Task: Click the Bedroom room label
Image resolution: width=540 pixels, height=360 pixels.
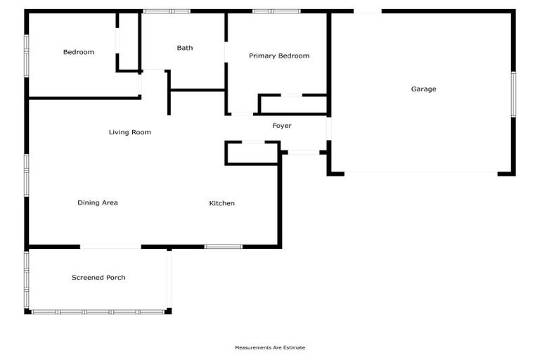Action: click(x=78, y=52)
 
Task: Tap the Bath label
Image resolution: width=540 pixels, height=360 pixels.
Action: click(x=184, y=48)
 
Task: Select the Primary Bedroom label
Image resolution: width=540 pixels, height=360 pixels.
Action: click(x=278, y=56)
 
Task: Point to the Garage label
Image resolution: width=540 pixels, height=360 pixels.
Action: click(x=423, y=89)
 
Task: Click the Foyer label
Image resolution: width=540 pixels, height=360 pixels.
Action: click(x=281, y=126)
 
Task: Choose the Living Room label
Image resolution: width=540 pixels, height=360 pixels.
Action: click(x=129, y=132)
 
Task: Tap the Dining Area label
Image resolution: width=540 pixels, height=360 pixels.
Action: click(x=97, y=203)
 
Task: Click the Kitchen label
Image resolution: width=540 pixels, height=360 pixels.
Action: click(x=221, y=203)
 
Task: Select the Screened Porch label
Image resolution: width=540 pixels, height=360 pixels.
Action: click(x=98, y=278)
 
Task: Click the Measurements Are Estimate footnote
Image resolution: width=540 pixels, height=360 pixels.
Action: click(x=270, y=347)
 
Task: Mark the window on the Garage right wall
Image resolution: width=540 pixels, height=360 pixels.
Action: click(x=513, y=94)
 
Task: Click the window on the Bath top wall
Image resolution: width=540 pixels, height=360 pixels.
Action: click(x=167, y=11)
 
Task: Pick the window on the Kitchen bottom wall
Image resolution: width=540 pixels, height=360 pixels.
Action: click(x=223, y=246)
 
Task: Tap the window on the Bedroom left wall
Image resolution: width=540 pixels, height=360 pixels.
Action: click(x=27, y=55)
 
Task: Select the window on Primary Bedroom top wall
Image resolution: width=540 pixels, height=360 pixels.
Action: click(x=276, y=11)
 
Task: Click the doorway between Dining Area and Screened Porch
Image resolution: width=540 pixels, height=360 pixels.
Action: click(x=110, y=246)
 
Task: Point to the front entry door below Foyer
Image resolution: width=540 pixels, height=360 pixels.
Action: click(x=303, y=152)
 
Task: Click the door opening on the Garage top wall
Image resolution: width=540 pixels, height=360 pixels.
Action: click(x=368, y=11)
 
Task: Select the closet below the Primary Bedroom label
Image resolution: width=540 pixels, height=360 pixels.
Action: click(x=293, y=104)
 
